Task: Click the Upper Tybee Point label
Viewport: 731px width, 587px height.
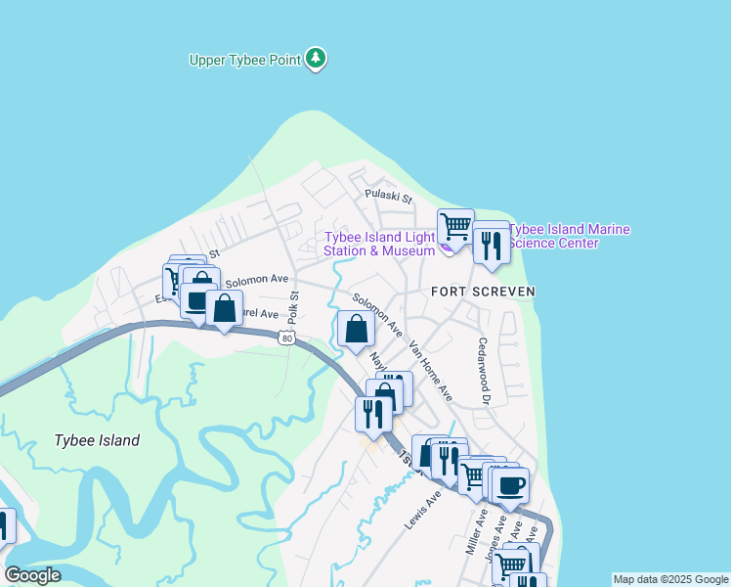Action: click(244, 60)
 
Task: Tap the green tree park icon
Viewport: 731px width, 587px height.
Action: click(315, 59)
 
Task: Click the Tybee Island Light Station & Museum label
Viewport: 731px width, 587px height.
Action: click(379, 244)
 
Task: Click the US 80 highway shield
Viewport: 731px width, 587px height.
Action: click(285, 339)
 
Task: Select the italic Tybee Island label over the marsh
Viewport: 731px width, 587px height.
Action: click(97, 440)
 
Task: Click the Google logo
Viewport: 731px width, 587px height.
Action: click(32, 575)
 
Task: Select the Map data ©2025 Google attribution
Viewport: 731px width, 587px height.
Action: click(670, 579)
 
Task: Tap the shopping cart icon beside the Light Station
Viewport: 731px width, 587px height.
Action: click(455, 227)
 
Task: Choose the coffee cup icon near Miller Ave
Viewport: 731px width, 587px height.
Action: click(510, 484)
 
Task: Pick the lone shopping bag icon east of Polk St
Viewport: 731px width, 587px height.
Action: click(356, 329)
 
